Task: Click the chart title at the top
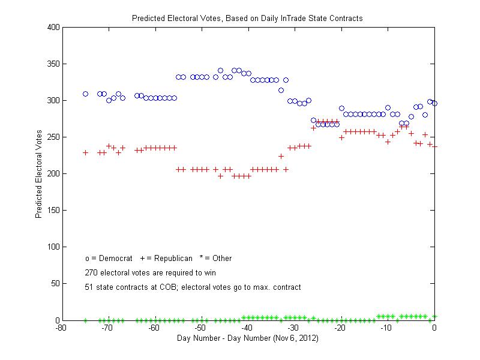247,18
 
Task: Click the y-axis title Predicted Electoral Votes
38,174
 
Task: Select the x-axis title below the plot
247,338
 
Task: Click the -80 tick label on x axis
61,328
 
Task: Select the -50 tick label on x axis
201,328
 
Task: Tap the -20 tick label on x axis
341,328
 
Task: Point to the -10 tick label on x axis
388,328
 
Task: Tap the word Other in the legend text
222,259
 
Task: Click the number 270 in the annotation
91,273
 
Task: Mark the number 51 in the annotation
89,287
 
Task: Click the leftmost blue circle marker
85,94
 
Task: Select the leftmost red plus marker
85,152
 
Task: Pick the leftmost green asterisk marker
85,320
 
